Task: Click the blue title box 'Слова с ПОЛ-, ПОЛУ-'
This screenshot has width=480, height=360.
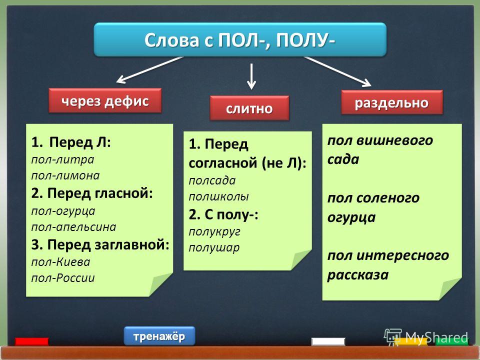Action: click(240, 40)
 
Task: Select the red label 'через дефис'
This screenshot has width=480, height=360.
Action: click(105, 100)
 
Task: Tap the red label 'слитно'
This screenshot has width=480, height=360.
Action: click(249, 108)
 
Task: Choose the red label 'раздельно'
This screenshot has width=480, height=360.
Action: click(392, 102)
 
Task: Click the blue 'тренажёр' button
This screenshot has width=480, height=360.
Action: click(159, 336)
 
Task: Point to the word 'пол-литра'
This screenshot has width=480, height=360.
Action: click(63, 160)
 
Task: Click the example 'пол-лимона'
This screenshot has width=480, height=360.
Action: click(65, 175)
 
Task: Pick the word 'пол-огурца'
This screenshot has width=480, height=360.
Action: click(63, 211)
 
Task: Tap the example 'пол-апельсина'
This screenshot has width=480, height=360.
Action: click(74, 227)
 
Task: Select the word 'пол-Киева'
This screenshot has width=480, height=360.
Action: click(60, 262)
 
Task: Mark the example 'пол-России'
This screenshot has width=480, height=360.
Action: click(63, 278)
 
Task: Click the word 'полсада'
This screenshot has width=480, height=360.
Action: click(212, 180)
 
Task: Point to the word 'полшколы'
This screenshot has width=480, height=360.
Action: click(218, 196)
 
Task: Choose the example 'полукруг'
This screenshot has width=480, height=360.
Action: click(214, 232)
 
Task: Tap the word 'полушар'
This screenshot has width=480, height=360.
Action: click(214, 248)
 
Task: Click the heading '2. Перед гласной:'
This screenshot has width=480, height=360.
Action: click(92, 193)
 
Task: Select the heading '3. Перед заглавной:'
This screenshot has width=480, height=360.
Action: click(100, 245)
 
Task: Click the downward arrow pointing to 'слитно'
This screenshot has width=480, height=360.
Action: click(251, 76)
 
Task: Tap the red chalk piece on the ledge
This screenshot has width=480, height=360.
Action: click(32, 341)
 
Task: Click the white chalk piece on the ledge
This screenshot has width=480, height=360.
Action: click(328, 341)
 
